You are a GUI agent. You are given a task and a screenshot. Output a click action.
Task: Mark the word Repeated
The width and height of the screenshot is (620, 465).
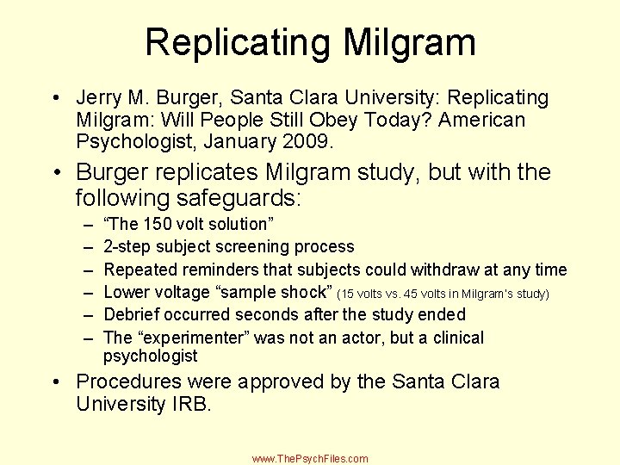[138, 270]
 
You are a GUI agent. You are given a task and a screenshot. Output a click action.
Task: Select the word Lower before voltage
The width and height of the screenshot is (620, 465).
[127, 293]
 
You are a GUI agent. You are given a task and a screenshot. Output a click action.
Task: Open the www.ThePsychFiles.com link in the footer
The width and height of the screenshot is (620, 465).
[310, 459]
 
